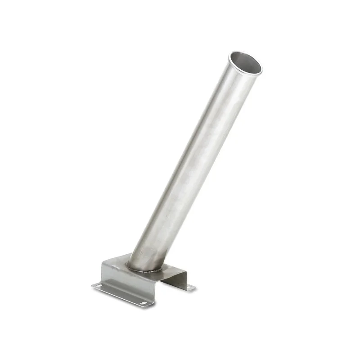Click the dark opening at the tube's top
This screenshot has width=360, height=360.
click(246, 63)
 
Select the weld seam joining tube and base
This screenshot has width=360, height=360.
click(143, 270)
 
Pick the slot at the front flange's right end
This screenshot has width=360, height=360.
click(144, 303)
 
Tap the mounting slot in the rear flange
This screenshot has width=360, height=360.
click(189, 288)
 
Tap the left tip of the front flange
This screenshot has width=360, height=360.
click(92, 285)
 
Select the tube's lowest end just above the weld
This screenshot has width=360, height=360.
click(144, 263)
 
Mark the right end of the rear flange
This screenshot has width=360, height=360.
click(194, 288)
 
